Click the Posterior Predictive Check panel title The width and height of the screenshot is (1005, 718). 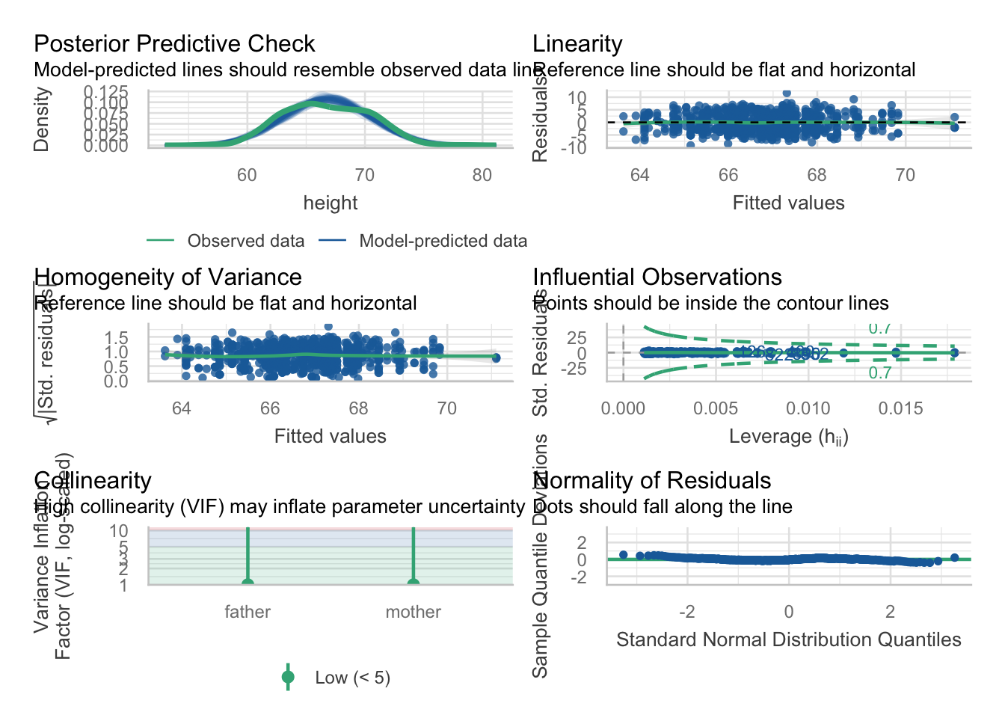174,44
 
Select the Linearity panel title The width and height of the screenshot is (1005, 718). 577,44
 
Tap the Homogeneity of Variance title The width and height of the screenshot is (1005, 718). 167,277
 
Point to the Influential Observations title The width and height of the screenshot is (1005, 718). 657,277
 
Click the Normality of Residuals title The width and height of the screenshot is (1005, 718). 651,481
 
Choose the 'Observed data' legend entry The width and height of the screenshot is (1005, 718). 245,241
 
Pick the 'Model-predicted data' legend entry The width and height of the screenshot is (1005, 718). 443,241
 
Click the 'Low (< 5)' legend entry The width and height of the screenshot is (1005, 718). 352,678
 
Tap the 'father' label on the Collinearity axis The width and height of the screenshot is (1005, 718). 248,612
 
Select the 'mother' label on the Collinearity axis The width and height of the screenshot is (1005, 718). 413,612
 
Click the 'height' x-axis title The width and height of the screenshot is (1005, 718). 330,203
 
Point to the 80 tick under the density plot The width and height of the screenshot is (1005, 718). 482,175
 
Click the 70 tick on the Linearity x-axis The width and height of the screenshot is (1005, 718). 905,175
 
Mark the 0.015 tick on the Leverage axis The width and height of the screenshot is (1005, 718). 900,408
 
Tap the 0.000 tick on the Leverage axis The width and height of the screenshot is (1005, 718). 623,408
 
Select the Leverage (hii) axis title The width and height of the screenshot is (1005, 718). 788,437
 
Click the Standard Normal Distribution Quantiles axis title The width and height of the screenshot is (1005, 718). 788,639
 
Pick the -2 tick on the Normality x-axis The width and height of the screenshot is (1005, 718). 686,612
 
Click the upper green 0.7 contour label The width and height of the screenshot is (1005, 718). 879,328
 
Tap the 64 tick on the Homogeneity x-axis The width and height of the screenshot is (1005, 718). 182,408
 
